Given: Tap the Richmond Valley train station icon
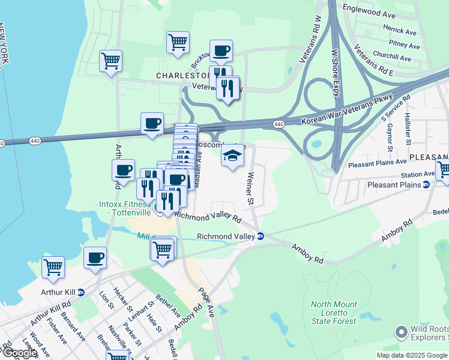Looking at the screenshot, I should pos(260,236).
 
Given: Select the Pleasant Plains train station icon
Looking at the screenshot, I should pos(426,185).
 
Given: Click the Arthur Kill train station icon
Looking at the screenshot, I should pos(80,292).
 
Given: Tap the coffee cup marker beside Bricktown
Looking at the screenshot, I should pos(221,51).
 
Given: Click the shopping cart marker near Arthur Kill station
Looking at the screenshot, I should pos(53,267).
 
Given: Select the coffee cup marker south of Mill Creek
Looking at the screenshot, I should pos(95,258).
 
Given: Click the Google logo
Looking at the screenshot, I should pos(20,353).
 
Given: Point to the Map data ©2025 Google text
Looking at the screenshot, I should pos(412,355).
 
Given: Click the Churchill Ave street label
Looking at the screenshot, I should pos(391,58).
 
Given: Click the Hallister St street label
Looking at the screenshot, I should pos(408,128).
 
